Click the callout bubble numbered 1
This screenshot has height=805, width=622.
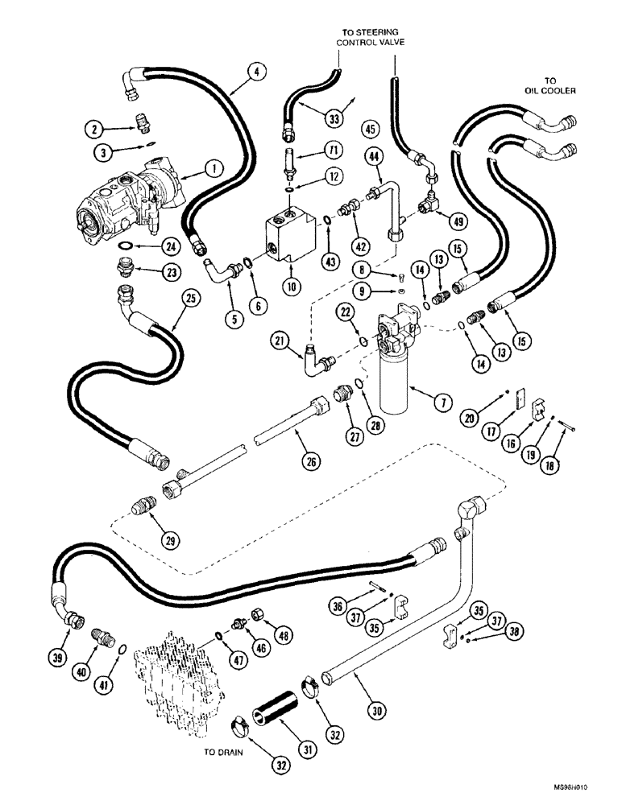coord(213,169)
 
